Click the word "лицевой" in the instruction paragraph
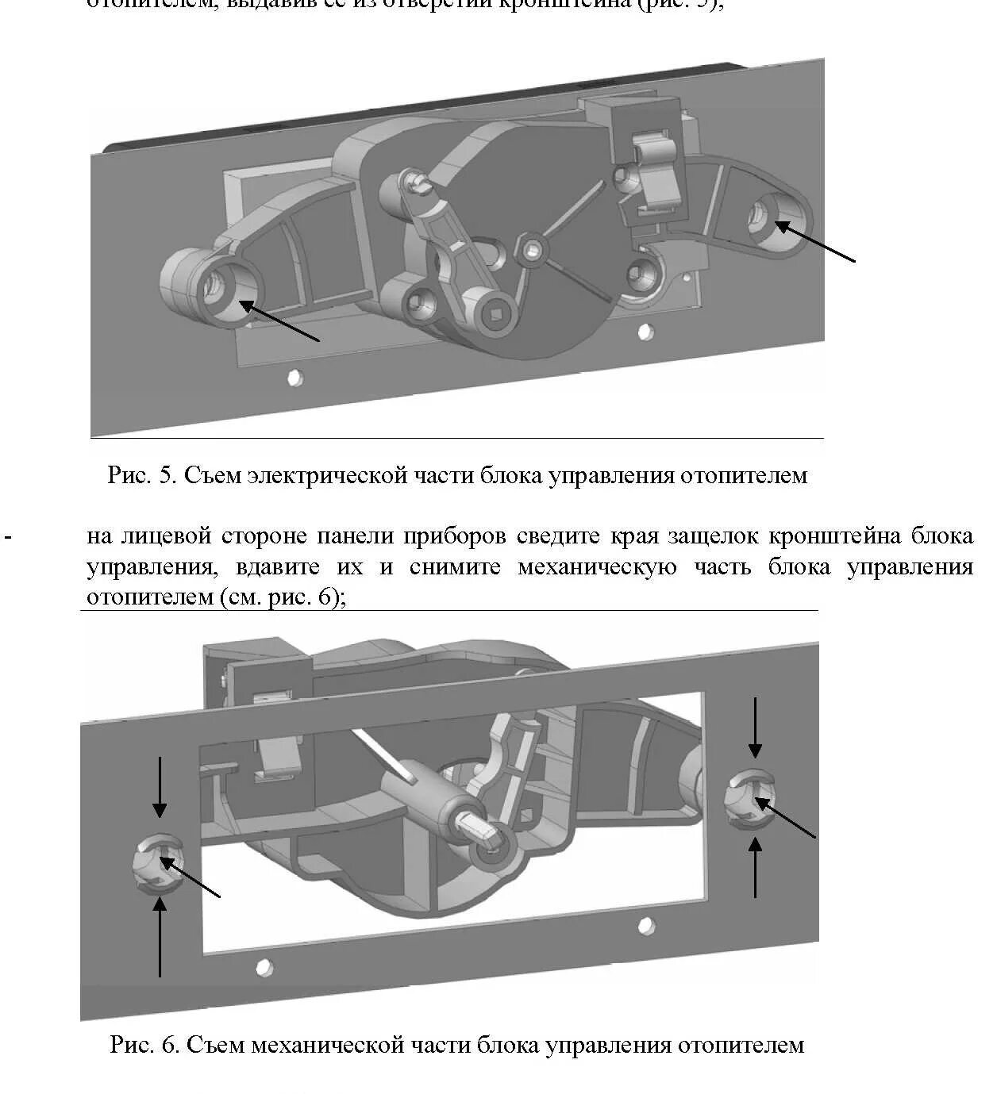pyautogui.click(x=165, y=537)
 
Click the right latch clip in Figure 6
pyautogui.click(x=750, y=797)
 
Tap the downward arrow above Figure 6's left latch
pyautogui.click(x=160, y=787)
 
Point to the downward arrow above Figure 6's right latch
pyautogui.click(x=755, y=728)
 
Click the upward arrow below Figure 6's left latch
pyautogui.click(x=160, y=936)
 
